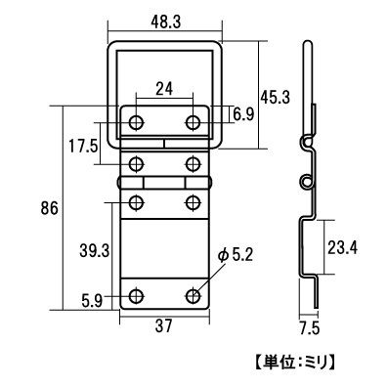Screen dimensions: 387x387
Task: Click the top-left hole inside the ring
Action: point(136,122)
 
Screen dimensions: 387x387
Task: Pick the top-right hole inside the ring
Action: point(194,122)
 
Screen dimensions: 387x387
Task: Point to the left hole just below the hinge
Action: point(136,202)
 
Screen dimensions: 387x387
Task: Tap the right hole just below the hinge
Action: point(194,202)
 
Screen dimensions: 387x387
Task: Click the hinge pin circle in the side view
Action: point(306,182)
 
